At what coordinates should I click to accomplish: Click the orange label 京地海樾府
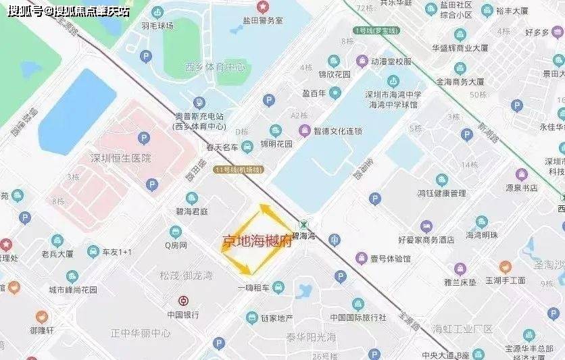[257, 241]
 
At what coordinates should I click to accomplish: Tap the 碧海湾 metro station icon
[306, 224]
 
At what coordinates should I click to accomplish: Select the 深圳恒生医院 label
[121, 158]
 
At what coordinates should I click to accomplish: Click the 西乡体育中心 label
[214, 67]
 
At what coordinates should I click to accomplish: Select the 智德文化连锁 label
[339, 131]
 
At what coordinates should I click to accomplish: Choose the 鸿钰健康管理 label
[441, 193]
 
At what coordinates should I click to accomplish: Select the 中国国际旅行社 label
[358, 317]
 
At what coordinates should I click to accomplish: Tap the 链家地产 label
[274, 318]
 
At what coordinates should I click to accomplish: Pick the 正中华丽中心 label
[141, 333]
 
